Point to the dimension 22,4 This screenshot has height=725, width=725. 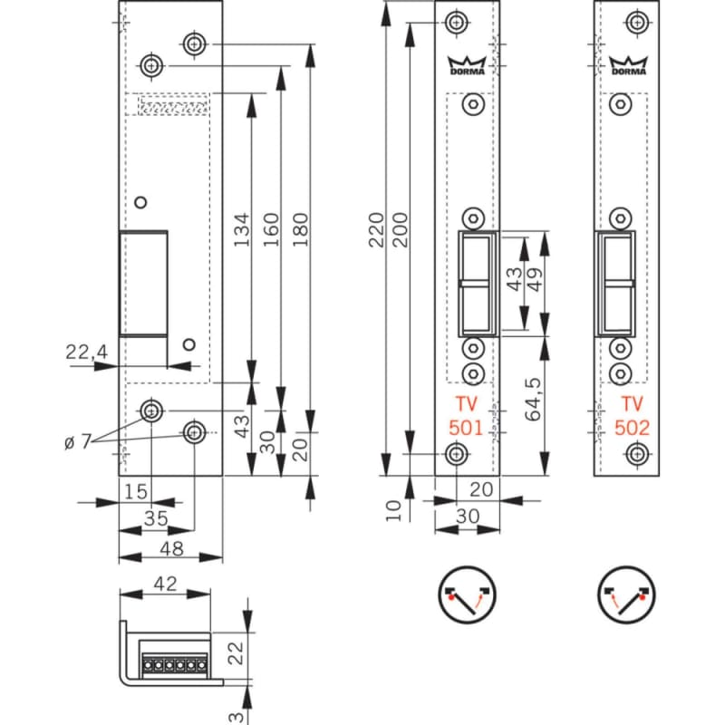tap(87, 353)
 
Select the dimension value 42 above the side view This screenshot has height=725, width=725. tap(164, 585)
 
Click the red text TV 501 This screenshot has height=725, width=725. tap(467, 416)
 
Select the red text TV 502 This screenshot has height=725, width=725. tap(632, 416)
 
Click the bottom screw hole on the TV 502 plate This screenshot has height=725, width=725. tap(640, 453)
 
